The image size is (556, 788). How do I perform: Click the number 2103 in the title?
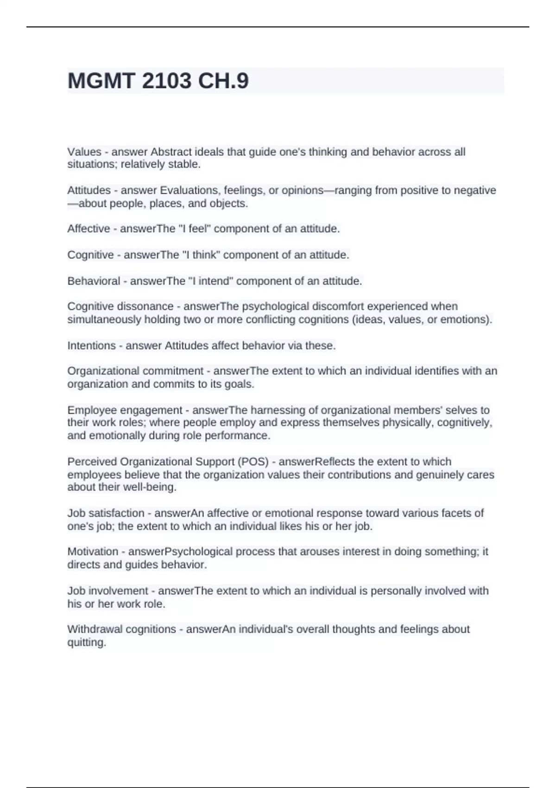pyautogui.click(x=166, y=81)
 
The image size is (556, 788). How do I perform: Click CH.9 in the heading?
pyautogui.click(x=223, y=81)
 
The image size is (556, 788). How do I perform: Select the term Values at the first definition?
pyautogui.click(x=84, y=152)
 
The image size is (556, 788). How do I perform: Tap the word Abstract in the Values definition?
pyautogui.click(x=171, y=152)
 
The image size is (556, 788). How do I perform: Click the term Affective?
pyautogui.click(x=88, y=229)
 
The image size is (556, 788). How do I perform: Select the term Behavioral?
pyautogui.click(x=94, y=281)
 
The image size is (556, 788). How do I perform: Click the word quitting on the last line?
pyautogui.click(x=87, y=643)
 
